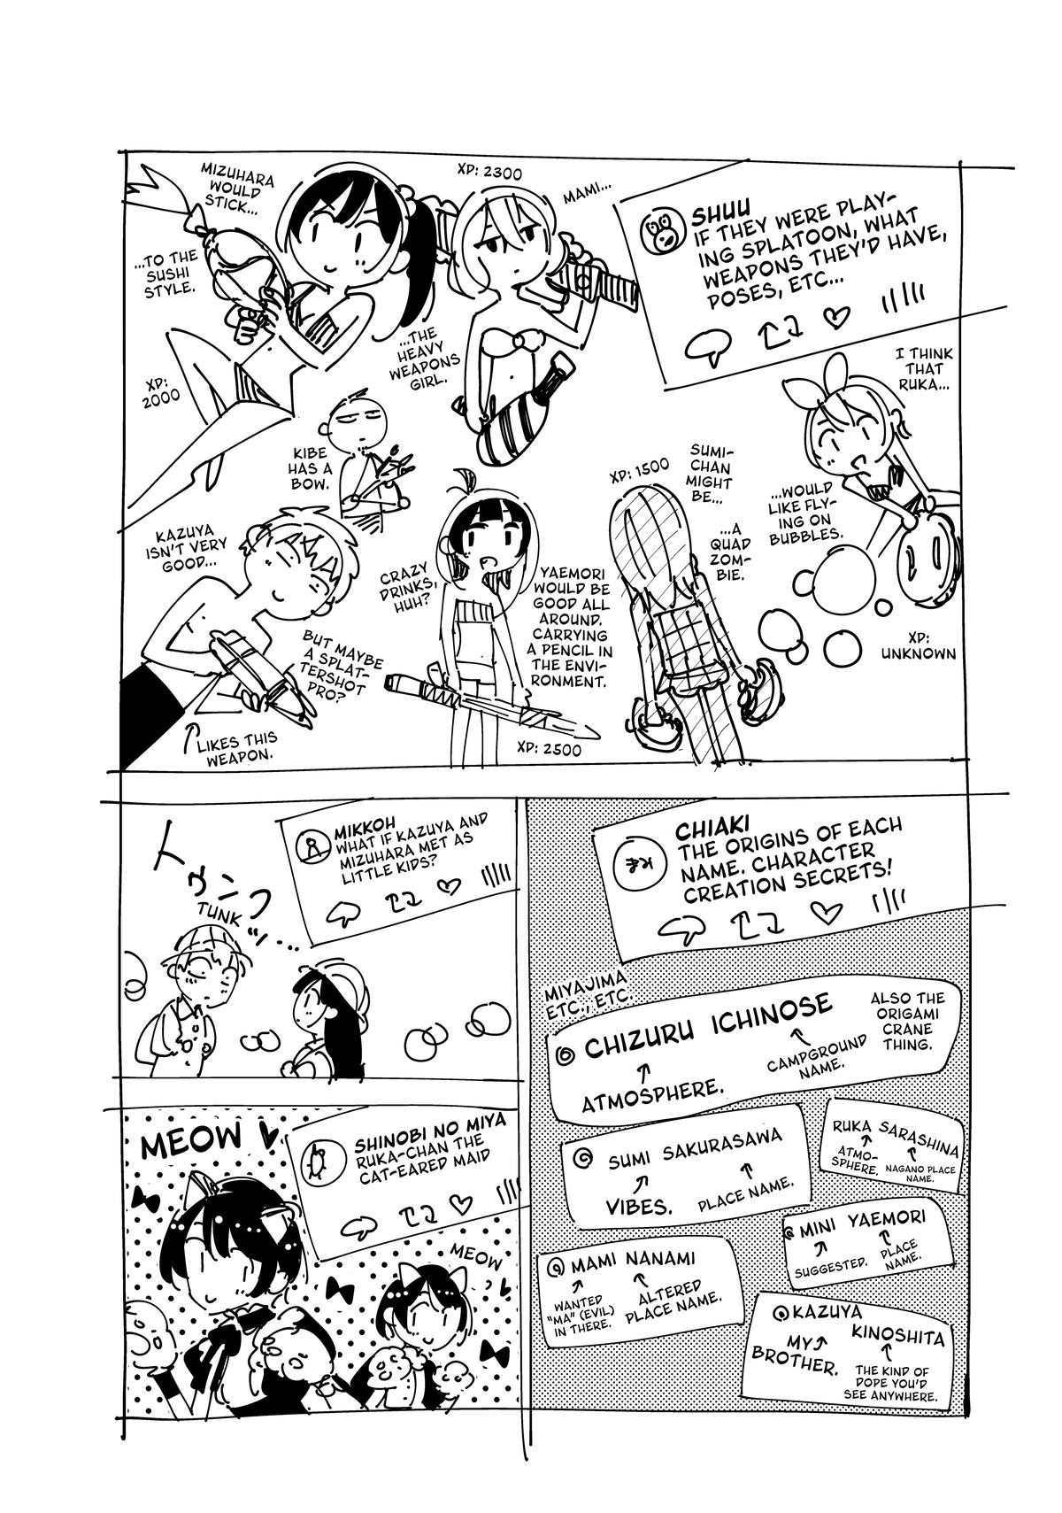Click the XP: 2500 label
(549, 749)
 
